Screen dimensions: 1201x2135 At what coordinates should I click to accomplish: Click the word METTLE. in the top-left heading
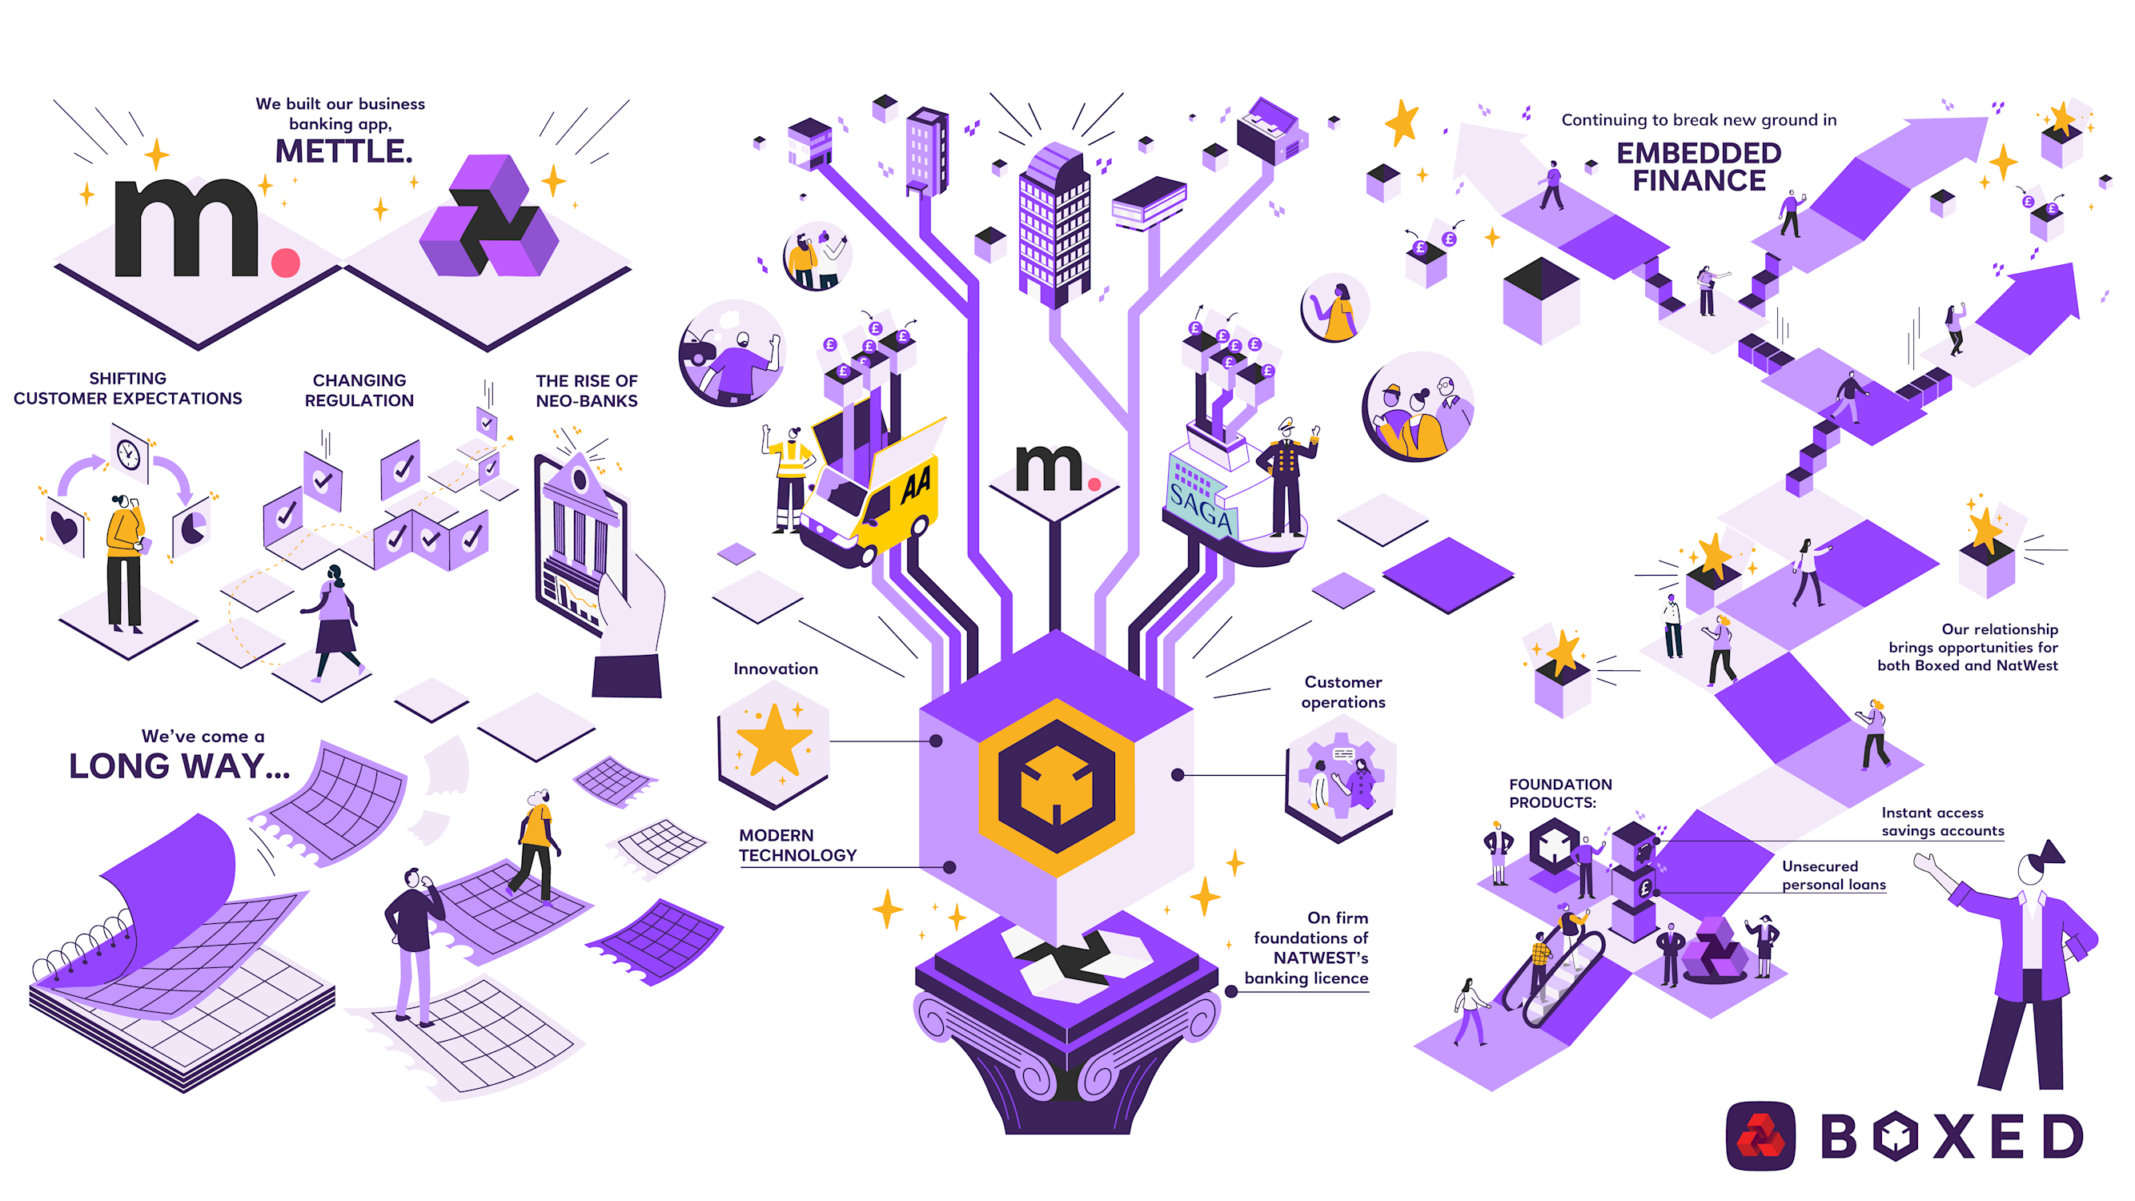[x=343, y=151]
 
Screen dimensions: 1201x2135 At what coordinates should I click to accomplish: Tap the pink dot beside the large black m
[x=285, y=262]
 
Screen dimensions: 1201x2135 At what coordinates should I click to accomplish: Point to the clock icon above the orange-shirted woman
[x=128, y=453]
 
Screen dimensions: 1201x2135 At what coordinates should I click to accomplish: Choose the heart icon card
[x=65, y=525]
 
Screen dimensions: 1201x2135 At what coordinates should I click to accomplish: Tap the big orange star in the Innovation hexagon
[x=773, y=739]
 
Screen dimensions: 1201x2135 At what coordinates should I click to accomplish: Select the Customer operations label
[x=1342, y=691]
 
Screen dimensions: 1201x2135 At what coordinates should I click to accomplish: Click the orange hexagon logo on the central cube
[x=1056, y=786]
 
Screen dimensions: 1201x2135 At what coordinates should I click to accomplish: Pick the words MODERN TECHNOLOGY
[x=797, y=845]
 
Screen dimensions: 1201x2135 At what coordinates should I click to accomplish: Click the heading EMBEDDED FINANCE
[x=1698, y=167]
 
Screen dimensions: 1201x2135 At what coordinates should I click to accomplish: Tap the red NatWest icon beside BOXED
[x=1760, y=1135]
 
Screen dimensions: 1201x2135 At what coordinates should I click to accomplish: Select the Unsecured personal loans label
[x=1833, y=875]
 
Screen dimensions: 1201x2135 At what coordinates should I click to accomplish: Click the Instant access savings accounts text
[x=1942, y=821]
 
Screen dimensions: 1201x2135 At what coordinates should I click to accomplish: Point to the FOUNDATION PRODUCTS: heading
[x=1559, y=793]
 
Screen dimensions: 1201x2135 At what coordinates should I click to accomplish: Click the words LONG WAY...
[x=179, y=766]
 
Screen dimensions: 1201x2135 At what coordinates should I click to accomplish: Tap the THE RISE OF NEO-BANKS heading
[x=586, y=391]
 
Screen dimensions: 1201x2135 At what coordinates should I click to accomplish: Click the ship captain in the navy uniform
[x=1286, y=476]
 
